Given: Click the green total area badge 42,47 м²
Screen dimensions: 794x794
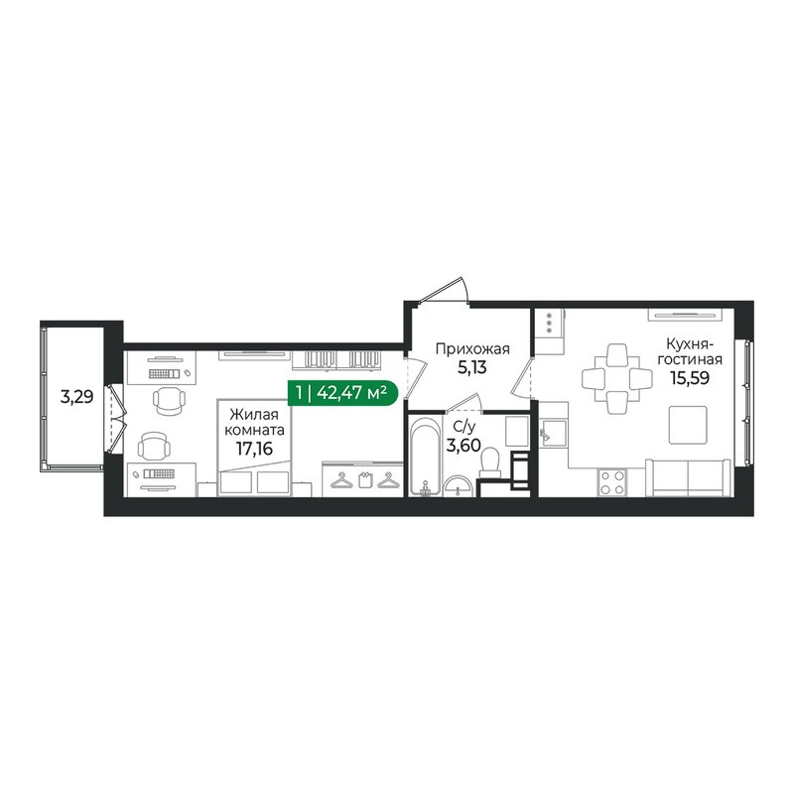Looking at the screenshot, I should [x=343, y=394].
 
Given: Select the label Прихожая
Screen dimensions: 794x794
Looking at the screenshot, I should [x=472, y=348].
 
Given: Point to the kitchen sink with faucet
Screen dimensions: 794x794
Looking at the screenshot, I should [x=551, y=433].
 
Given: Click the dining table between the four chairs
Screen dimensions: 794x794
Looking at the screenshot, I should [x=615, y=378].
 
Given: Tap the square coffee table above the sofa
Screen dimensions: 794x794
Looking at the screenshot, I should [x=686, y=425].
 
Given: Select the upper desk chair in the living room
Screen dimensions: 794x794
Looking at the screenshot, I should [x=170, y=399].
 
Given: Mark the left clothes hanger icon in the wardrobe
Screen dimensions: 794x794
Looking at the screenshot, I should [x=343, y=481].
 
